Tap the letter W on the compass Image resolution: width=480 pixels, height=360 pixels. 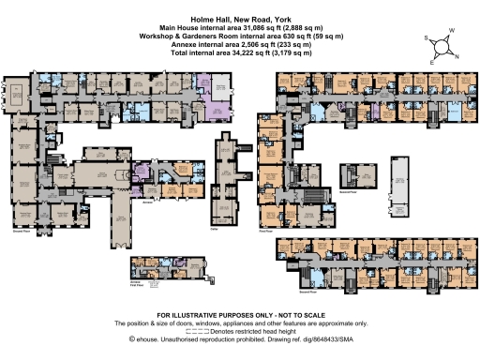[451, 31]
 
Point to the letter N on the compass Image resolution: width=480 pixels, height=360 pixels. [457, 56]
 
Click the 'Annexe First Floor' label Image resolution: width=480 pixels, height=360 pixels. [137, 281]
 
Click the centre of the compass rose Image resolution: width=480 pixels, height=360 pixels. [442, 46]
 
